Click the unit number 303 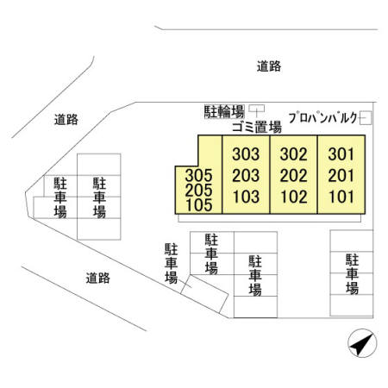click(x=246, y=154)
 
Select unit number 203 click(x=246, y=175)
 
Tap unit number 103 click(x=246, y=197)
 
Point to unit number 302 click(x=294, y=154)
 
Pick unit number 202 click(x=294, y=175)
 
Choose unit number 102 click(x=294, y=197)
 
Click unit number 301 click(x=341, y=154)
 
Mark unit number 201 click(x=341, y=175)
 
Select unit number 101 click(x=341, y=197)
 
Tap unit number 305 click(x=198, y=175)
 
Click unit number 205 click(x=198, y=190)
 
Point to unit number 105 click(x=199, y=205)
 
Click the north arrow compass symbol click(x=362, y=343)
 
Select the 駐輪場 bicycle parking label click(x=224, y=111)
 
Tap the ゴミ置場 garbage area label click(x=257, y=127)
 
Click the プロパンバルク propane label click(x=322, y=118)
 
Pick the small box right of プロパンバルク click(x=366, y=118)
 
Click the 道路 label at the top click(x=269, y=66)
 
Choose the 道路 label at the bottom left click(x=98, y=278)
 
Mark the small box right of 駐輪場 click(x=257, y=109)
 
